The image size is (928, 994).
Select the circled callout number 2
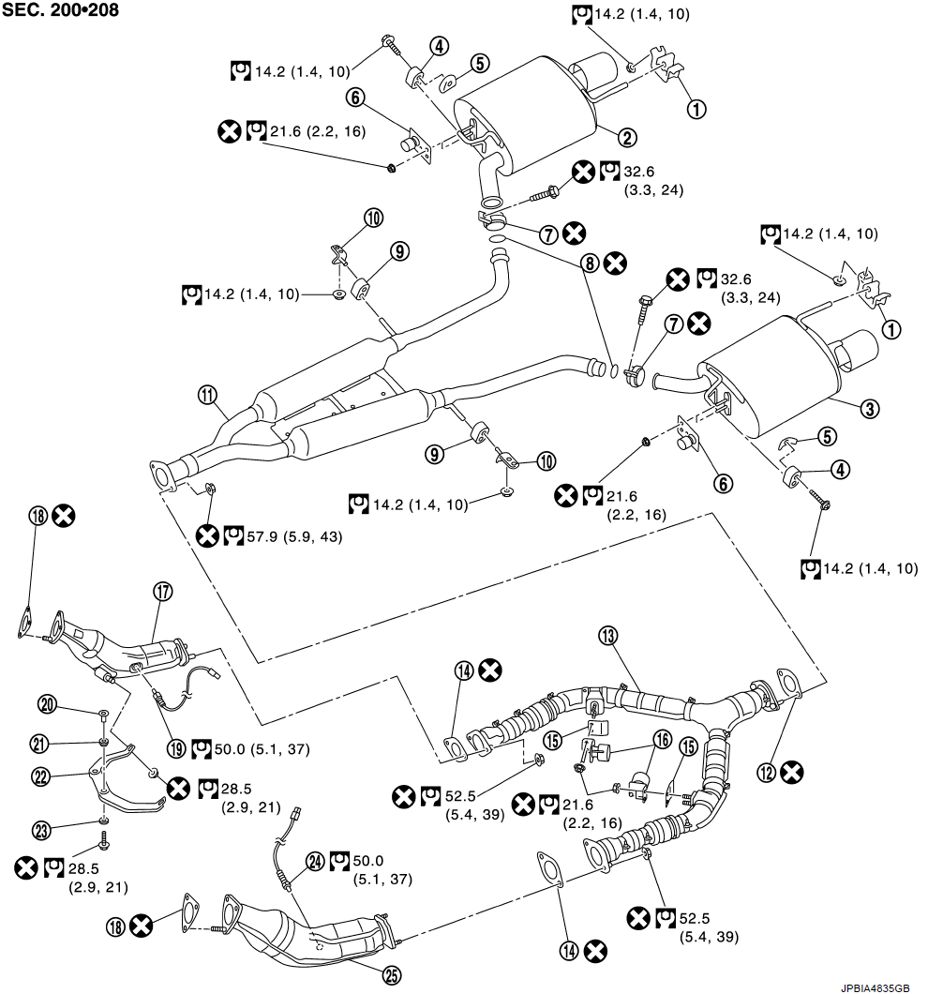tap(627, 137)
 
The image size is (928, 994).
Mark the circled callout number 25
tap(392, 974)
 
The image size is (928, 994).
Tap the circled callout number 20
tap(45, 703)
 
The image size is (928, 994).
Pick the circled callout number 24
tap(314, 861)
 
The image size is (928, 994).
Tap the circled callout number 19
tap(175, 748)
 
